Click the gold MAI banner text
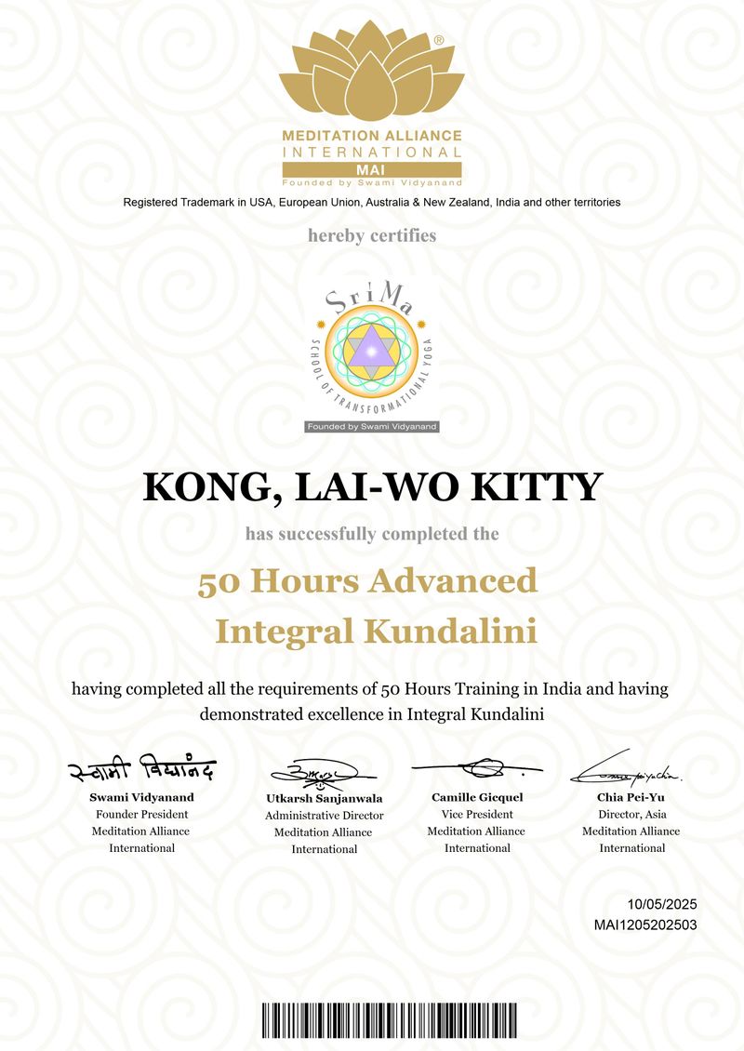point(372,168)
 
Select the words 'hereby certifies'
point(372,235)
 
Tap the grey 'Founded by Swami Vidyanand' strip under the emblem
point(372,426)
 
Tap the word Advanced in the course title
point(453,581)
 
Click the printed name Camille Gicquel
point(477,797)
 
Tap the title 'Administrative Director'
point(324,816)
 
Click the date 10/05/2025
point(662,904)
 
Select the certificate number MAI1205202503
point(645,925)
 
